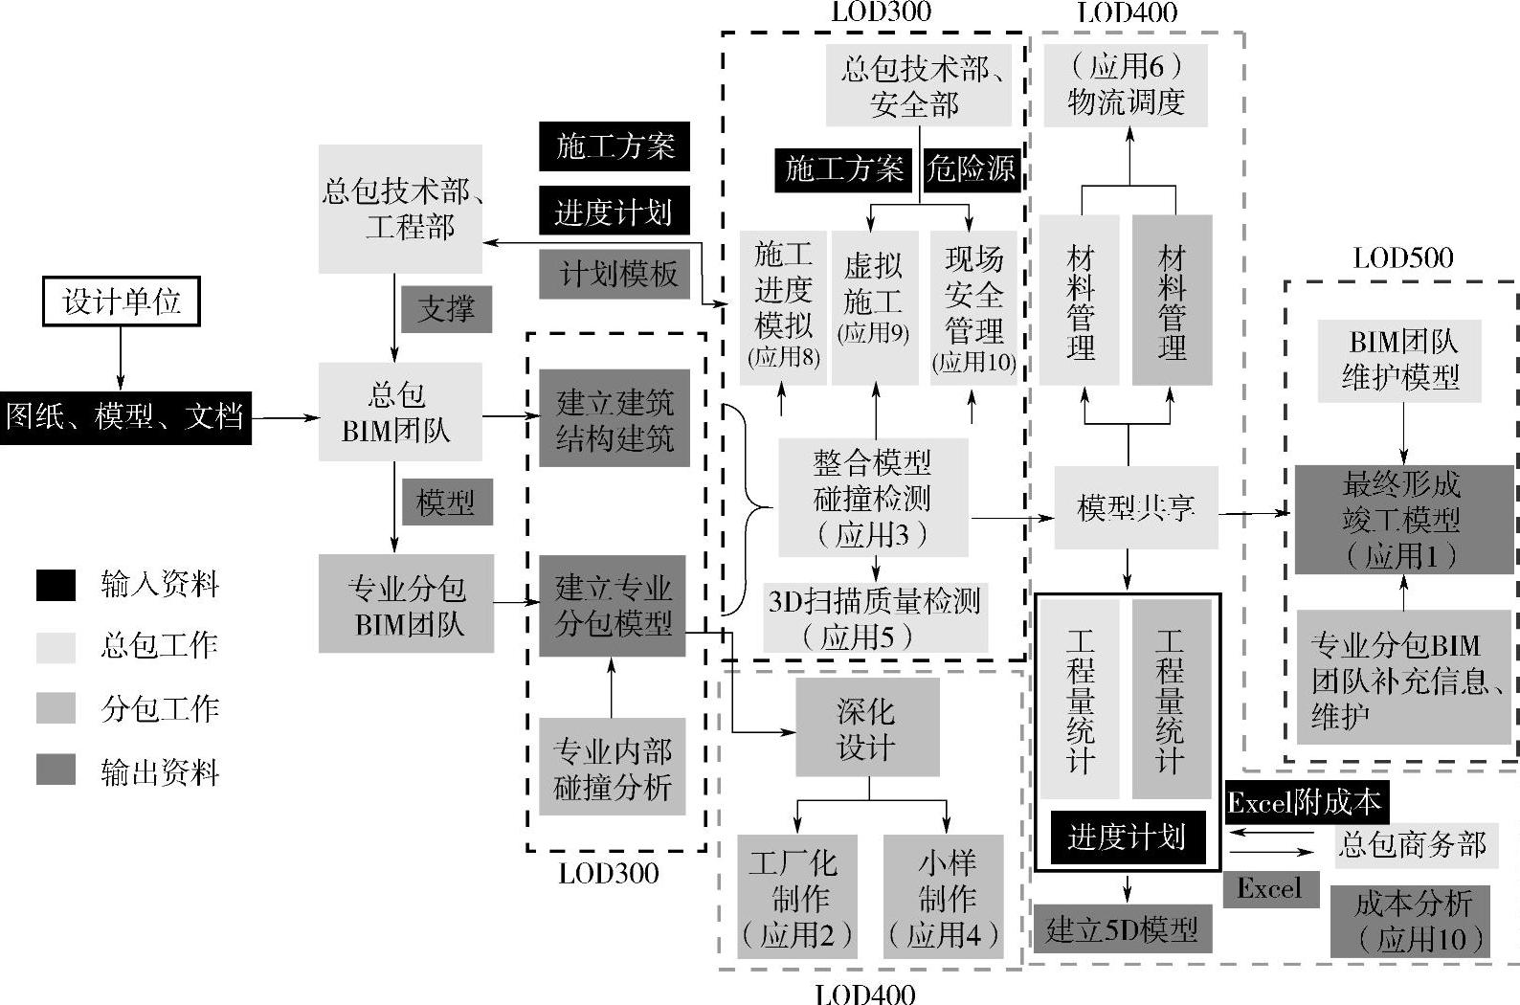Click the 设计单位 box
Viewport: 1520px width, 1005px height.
coord(122,301)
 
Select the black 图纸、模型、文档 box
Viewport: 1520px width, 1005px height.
coord(125,417)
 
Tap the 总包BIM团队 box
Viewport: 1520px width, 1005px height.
coord(399,413)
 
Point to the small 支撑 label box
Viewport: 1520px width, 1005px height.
coord(446,309)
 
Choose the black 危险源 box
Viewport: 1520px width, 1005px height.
coord(971,169)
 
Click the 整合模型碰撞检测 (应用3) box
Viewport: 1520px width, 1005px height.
coord(872,498)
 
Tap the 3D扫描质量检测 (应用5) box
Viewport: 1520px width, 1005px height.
coord(875,618)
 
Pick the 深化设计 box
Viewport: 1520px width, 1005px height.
coord(867,728)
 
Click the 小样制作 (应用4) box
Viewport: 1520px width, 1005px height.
coord(944,897)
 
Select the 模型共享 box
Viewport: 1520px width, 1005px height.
coord(1135,507)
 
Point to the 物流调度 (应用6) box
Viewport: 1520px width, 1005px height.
coord(1125,84)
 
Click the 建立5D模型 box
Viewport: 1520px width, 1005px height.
coord(1122,929)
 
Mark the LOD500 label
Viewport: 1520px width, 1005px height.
coord(1402,257)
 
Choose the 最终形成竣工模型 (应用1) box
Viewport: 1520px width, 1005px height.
coord(1402,520)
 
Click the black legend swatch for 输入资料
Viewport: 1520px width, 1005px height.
coord(56,585)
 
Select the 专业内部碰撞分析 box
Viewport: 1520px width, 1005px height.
coord(613,769)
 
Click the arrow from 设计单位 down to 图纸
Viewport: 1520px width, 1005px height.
coord(121,358)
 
